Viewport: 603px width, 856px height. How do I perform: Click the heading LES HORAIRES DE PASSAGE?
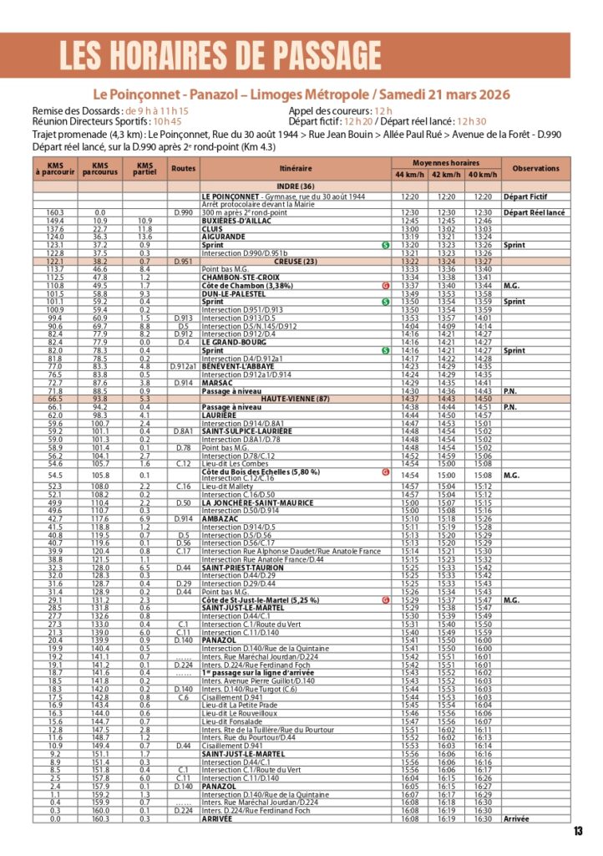tap(220, 54)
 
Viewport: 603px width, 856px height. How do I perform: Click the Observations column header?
tap(535, 168)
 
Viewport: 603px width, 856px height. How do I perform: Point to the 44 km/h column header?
tap(410, 175)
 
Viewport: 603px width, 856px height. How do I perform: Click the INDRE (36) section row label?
tap(296, 186)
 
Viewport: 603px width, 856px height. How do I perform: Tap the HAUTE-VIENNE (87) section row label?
tap(296, 399)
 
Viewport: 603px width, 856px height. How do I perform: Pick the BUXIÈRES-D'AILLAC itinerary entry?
tap(235, 221)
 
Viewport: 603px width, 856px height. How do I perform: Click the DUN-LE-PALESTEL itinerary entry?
tap(231, 293)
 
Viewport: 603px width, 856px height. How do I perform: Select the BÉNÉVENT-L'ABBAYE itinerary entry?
tap(235, 366)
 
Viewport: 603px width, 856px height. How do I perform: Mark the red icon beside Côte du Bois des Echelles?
tap(385, 471)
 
